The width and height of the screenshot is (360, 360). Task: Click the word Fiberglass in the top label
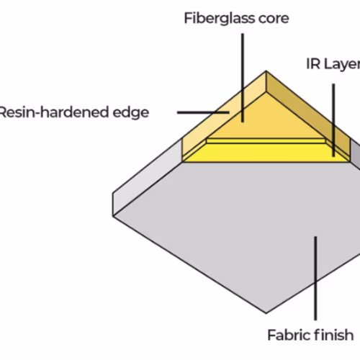coord(219,19)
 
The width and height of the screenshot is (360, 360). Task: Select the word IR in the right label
coord(313,64)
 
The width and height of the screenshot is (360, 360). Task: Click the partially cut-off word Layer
coord(342,65)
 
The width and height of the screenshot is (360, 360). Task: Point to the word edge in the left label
coord(131,112)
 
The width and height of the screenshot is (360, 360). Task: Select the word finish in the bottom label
coord(334,335)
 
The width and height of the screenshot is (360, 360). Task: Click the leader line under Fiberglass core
coord(243,78)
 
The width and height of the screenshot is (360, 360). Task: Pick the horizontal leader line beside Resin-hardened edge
coord(203,112)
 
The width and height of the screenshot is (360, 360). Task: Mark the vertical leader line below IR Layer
coord(333,120)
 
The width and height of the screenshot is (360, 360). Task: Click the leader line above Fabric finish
coord(315,278)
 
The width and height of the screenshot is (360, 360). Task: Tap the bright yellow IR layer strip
coord(266,153)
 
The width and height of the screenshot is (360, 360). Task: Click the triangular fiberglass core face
coord(266,120)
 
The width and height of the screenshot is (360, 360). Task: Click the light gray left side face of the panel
coord(147,178)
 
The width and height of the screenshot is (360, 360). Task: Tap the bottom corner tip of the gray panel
coord(266,313)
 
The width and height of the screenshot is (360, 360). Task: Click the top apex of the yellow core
coord(266,71)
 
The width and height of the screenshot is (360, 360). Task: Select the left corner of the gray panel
coord(113,216)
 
